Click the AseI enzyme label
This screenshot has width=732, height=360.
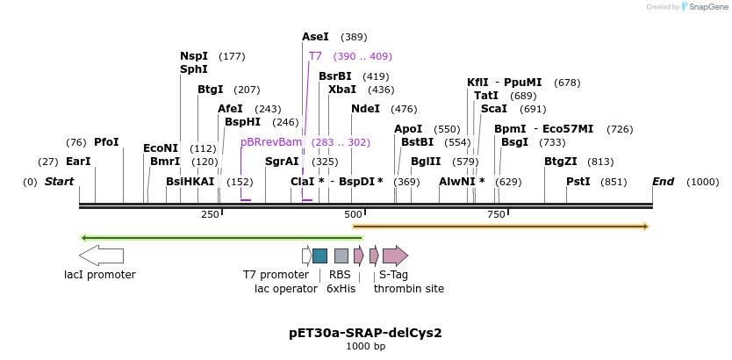click(315, 37)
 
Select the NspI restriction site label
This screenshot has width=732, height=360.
click(194, 56)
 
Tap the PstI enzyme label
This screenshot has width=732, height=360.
click(578, 182)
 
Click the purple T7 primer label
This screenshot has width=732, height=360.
click(315, 56)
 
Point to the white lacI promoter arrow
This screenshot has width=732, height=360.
click(101, 256)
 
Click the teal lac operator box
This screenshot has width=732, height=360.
click(319, 256)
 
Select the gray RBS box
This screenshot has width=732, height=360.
click(341, 256)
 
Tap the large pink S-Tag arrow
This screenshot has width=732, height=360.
click(395, 256)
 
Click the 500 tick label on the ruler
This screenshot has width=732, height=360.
click(354, 215)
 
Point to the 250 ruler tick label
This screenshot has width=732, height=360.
click(211, 215)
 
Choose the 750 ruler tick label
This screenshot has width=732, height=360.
click(496, 215)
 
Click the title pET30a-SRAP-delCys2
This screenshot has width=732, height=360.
click(365, 333)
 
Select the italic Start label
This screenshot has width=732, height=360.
click(59, 182)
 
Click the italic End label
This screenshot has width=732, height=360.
click(663, 182)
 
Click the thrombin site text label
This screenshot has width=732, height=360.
click(409, 288)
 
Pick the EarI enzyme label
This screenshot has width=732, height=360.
click(78, 162)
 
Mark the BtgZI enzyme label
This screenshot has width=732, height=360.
click(561, 162)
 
